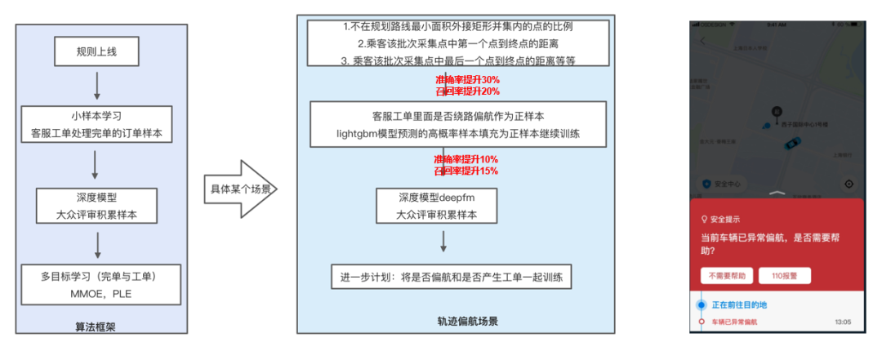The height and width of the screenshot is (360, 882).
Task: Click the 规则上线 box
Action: click(97, 52)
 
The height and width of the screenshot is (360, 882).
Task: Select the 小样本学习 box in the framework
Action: click(97, 124)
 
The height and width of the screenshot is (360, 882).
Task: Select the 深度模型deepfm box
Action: click(442, 207)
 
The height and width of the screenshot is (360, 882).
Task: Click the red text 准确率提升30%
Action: click(466, 80)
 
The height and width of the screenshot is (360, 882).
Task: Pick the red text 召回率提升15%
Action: click(466, 171)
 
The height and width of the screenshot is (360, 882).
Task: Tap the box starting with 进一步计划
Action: click(451, 277)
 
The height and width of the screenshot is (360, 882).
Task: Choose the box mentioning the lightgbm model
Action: click(457, 124)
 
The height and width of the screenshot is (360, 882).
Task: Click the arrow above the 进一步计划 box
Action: click(443, 242)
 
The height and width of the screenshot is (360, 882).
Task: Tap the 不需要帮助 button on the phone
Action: click(727, 276)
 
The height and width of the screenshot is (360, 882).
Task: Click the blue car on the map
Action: click(790, 144)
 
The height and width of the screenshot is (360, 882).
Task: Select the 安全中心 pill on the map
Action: click(720, 184)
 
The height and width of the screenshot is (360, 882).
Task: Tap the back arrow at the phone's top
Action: click(702, 40)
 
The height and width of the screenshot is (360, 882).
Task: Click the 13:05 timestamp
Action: click(843, 322)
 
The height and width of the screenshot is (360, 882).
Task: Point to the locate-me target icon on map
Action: click(849, 184)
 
